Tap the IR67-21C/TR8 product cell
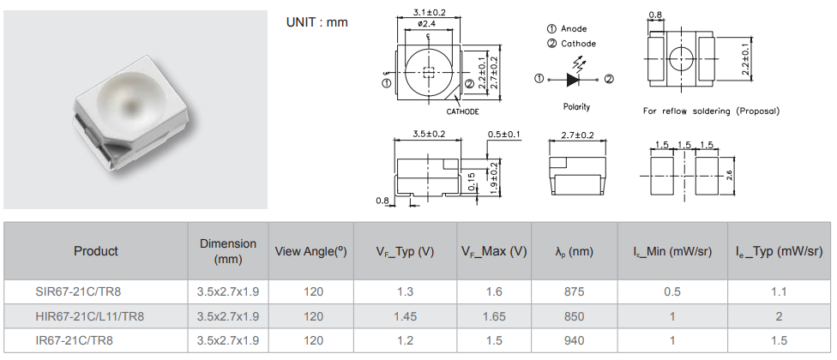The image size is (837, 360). click(x=75, y=340)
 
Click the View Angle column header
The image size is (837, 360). click(x=310, y=251)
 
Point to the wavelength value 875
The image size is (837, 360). click(x=574, y=291)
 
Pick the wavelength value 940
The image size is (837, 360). click(x=574, y=340)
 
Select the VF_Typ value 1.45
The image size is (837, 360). click(x=405, y=316)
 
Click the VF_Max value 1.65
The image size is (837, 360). click(x=493, y=316)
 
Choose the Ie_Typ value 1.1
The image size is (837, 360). click(x=779, y=291)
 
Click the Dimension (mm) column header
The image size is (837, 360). click(x=228, y=251)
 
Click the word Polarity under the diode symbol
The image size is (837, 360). click(x=576, y=107)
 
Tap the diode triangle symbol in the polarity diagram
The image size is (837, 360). click(x=572, y=80)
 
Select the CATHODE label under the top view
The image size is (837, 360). click(x=462, y=111)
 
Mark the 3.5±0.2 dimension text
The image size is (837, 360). click(x=429, y=135)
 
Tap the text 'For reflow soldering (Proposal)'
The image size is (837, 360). click(x=711, y=111)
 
